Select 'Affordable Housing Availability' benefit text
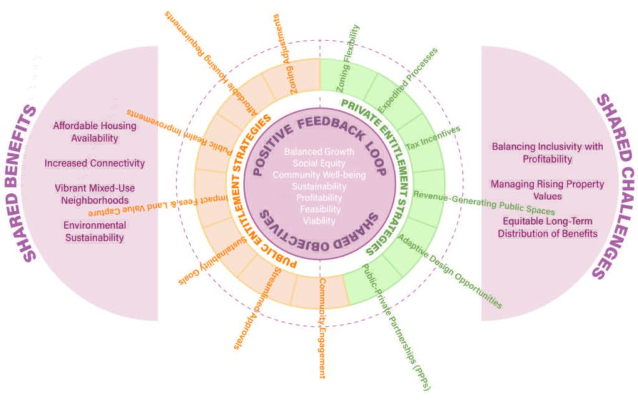pos(86,131)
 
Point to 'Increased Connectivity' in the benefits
pos(95,163)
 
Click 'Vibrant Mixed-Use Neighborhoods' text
pos(95,194)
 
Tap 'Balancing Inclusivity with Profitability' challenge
pos(548,153)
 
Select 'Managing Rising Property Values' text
pos(547,190)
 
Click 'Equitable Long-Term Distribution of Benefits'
pos(547,227)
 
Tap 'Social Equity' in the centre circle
pos(318,163)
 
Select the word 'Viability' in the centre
pos(318,221)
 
